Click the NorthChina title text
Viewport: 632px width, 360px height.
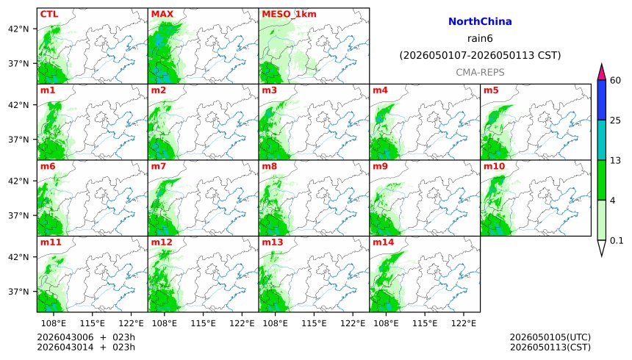coord(480,22)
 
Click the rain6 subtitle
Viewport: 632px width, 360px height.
coord(480,39)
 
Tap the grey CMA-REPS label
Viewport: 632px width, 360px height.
coord(480,72)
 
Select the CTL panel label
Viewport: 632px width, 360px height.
coord(49,14)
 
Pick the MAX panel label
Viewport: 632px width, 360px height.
coord(162,14)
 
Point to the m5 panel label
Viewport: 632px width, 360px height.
coord(491,90)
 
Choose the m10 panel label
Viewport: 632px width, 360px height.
coord(494,166)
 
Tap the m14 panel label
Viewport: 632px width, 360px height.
coord(383,242)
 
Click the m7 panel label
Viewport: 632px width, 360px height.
coord(158,166)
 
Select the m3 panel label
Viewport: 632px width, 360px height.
coord(269,90)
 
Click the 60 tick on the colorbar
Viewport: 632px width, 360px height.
coord(616,80)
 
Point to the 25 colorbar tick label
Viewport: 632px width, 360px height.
coord(616,120)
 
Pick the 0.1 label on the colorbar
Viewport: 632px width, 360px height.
coord(617,240)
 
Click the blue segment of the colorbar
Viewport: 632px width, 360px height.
coord(602,100)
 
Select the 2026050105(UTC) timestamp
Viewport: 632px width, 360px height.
coord(550,337)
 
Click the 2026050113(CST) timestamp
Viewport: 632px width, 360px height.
coord(550,347)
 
